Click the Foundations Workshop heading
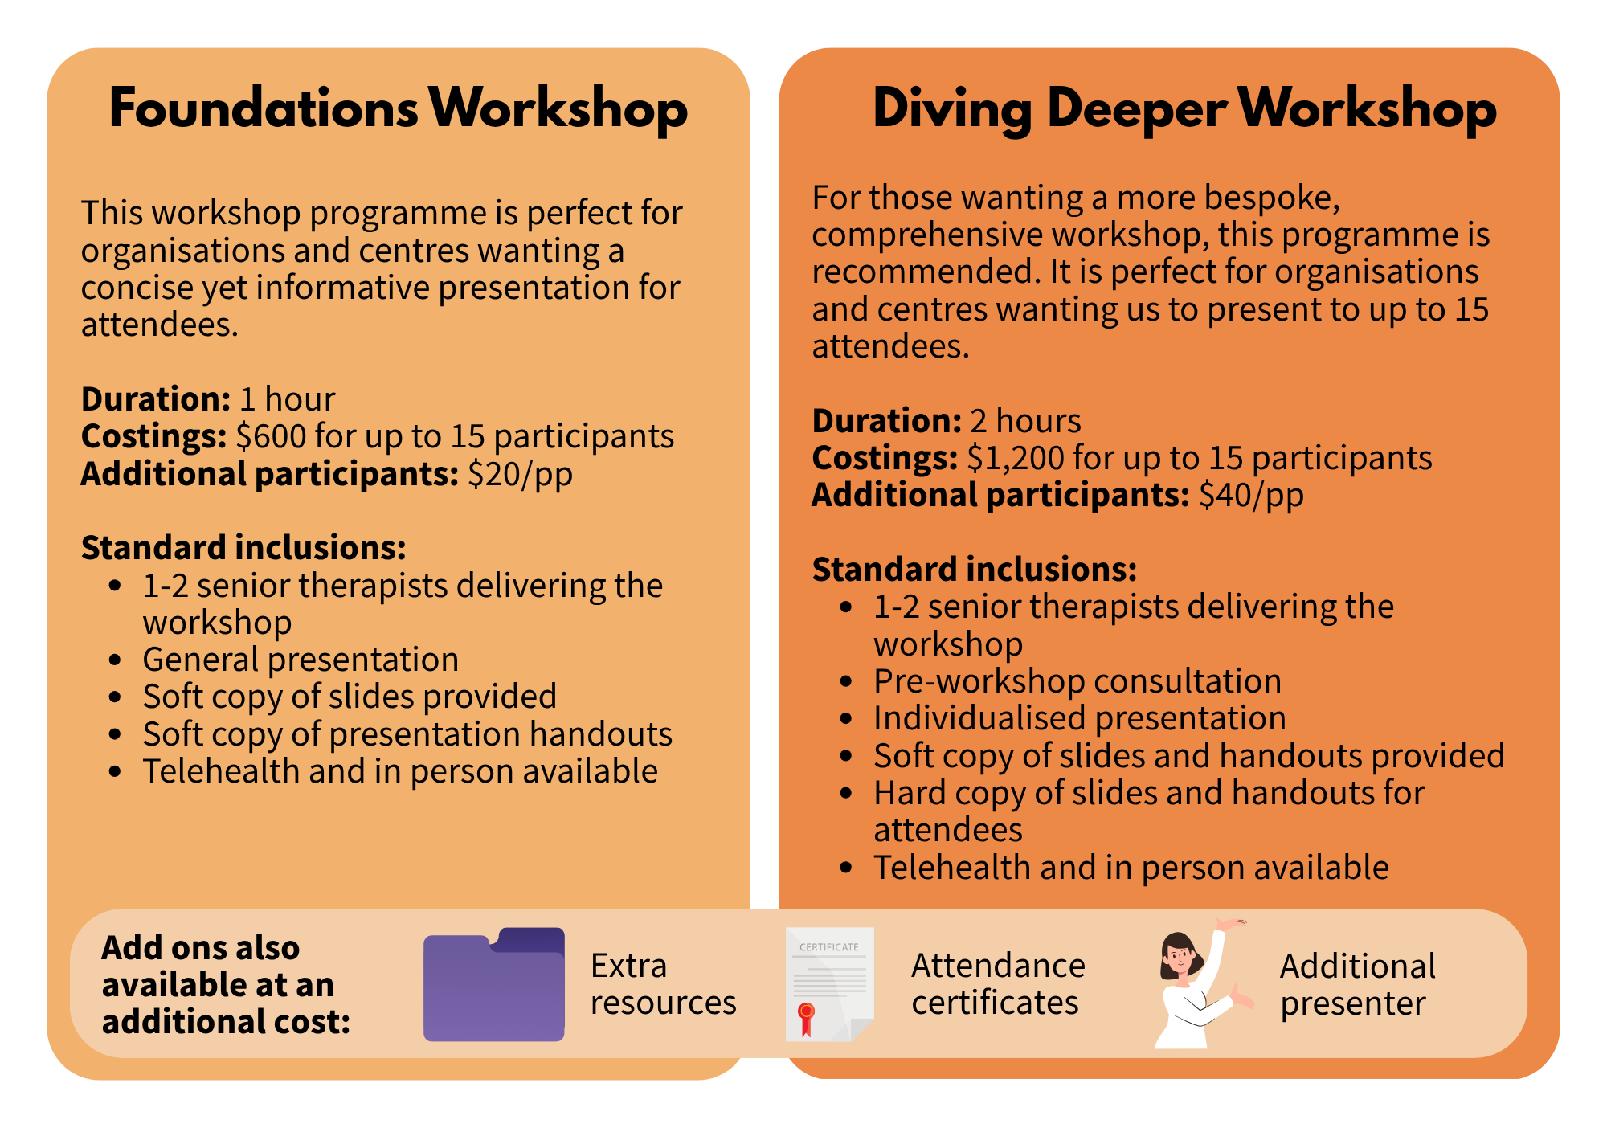[x=399, y=108]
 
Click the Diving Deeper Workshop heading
[x=1184, y=109]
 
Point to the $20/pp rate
[x=521, y=474]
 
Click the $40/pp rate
[x=1251, y=495]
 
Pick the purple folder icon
[x=494, y=984]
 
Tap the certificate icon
[x=829, y=984]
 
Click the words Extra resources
[x=663, y=984]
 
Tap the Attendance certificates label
[x=998, y=984]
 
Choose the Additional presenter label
[x=1358, y=984]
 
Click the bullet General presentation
[x=301, y=660]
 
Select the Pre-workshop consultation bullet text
[x=1077, y=681]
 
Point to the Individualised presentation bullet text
[x=1080, y=718]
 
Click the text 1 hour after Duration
[x=288, y=399]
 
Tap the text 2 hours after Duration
[x=1026, y=421]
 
